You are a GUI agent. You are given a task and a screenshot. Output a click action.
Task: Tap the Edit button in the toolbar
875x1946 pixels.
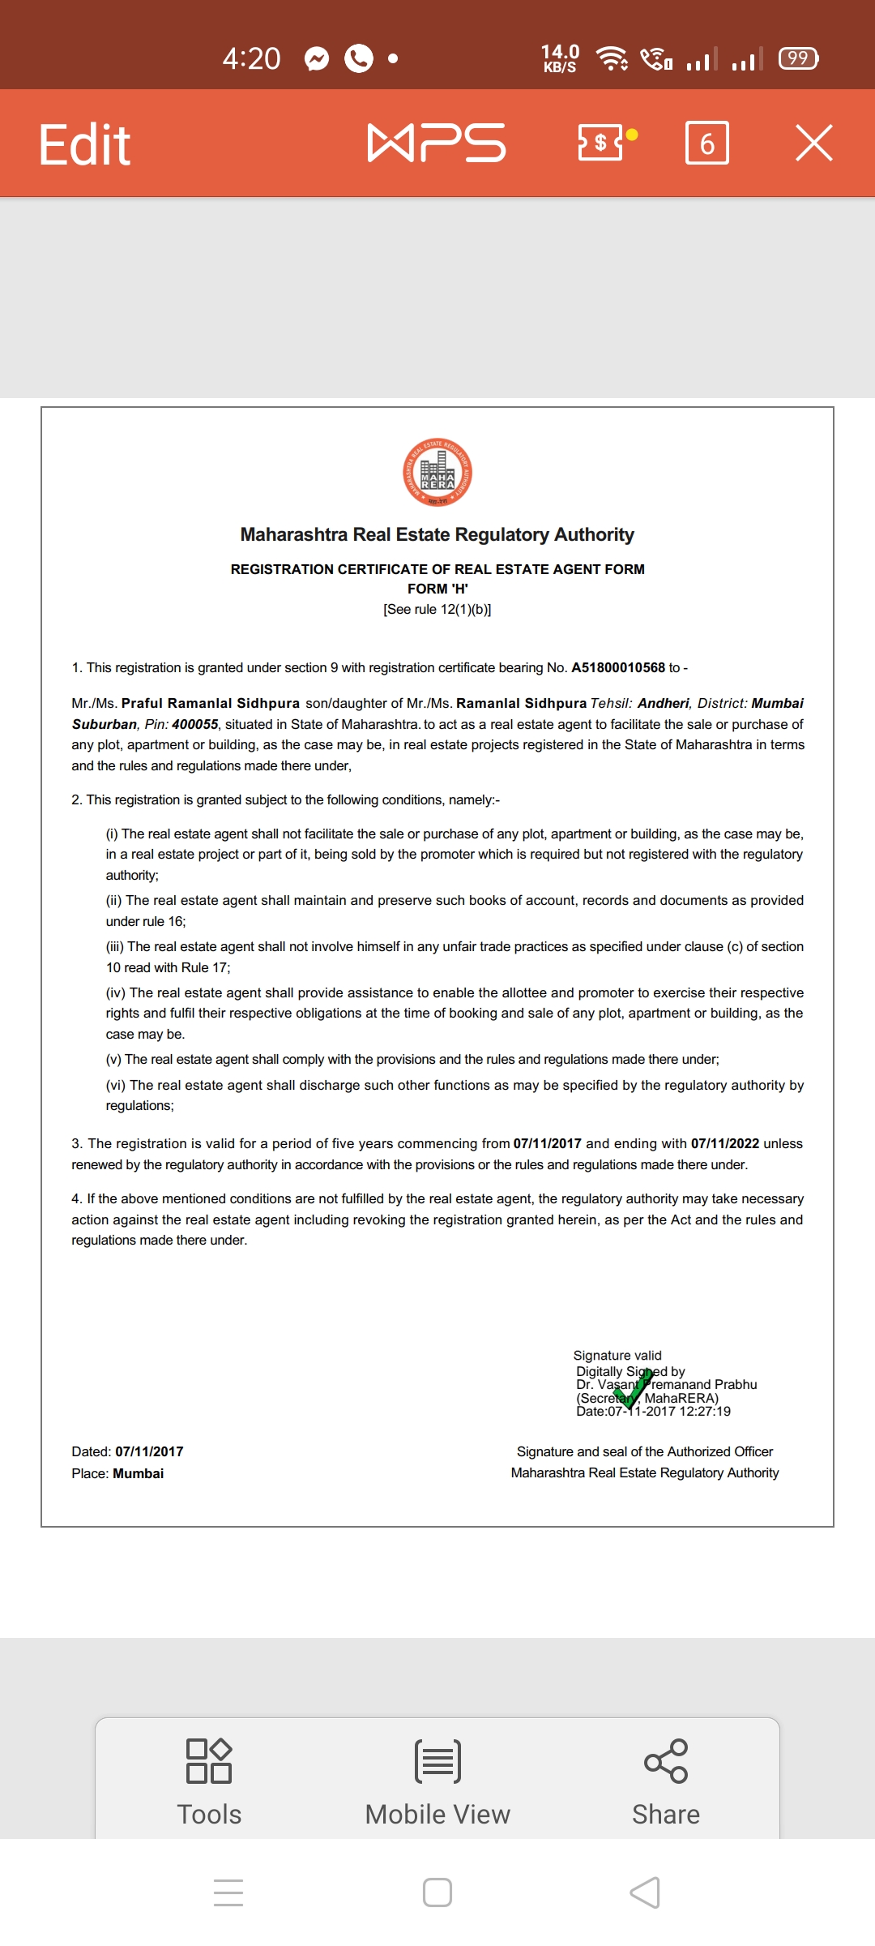pyautogui.click(x=84, y=145)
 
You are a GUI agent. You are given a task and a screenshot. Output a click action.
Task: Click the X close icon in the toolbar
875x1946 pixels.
pyautogui.click(x=813, y=143)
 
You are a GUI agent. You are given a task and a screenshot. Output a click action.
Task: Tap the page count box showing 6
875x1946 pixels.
pyautogui.click(x=706, y=144)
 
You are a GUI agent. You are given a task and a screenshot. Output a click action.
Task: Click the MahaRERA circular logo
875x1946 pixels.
pyautogui.click(x=437, y=473)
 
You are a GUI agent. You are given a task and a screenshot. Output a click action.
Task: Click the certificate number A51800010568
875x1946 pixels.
pyautogui.click(x=617, y=667)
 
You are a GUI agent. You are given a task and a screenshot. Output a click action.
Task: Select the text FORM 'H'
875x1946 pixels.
pyautogui.click(x=437, y=589)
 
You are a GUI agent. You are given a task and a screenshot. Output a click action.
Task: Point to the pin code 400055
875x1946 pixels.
pyautogui.click(x=194, y=724)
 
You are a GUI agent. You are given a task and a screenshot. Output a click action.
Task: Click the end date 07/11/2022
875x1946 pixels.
pyautogui.click(x=724, y=1143)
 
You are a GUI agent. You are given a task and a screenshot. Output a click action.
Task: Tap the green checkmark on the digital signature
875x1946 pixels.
pyautogui.click(x=632, y=1388)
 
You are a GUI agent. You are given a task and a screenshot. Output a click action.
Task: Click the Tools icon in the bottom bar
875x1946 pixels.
pyautogui.click(x=209, y=1761)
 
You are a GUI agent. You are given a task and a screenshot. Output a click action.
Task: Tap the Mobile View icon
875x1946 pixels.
pyautogui.click(x=437, y=1761)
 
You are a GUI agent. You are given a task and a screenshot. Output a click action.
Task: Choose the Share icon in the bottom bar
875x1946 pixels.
pyautogui.click(x=666, y=1761)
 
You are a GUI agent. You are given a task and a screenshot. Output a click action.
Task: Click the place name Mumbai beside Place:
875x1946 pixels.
pyautogui.click(x=138, y=1473)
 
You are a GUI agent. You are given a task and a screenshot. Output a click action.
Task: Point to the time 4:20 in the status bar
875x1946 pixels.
pyautogui.click(x=251, y=58)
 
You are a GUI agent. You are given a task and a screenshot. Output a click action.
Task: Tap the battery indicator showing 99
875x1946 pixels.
pyautogui.click(x=798, y=58)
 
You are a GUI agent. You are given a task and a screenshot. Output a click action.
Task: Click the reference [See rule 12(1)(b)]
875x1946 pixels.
pyautogui.click(x=437, y=609)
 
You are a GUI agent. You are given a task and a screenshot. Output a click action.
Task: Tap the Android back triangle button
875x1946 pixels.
pyautogui.click(x=645, y=1892)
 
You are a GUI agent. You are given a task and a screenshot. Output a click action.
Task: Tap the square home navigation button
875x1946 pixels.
pyautogui.click(x=437, y=1892)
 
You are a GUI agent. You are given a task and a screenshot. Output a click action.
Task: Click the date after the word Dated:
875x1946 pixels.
pyautogui.click(x=149, y=1451)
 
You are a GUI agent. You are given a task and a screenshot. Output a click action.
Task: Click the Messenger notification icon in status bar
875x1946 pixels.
pyautogui.click(x=317, y=58)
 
